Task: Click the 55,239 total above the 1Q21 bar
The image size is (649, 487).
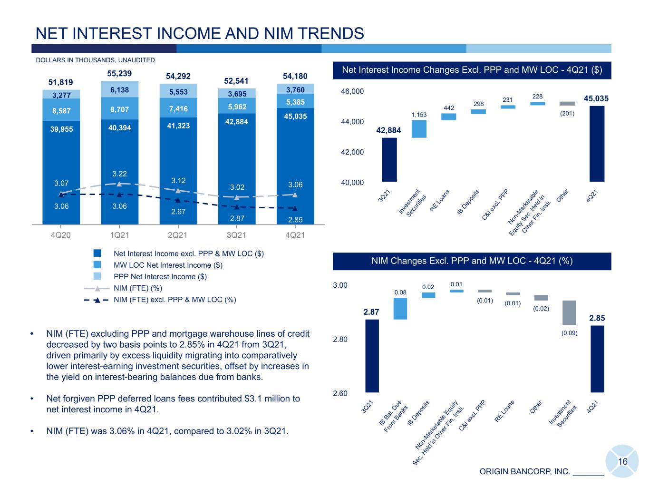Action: point(119,73)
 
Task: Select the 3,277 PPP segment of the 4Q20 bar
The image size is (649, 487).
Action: point(61,94)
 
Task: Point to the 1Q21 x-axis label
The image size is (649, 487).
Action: point(119,235)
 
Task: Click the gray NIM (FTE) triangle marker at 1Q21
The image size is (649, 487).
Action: point(119,184)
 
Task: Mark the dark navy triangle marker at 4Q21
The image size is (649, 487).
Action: point(295,208)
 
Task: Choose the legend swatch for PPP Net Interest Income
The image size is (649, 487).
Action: point(97,276)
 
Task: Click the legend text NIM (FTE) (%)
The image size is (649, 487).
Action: point(138,288)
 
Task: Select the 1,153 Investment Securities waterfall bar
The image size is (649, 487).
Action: point(419,129)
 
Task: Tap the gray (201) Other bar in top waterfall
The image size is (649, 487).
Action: point(567,104)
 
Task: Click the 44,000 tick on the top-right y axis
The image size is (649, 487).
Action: point(352,122)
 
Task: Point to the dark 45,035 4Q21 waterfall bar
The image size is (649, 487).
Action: point(597,144)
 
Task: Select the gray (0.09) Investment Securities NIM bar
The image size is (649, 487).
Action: point(569,312)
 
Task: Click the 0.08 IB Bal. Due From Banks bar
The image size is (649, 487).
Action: point(400,308)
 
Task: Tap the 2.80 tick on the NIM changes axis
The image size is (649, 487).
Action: point(340,339)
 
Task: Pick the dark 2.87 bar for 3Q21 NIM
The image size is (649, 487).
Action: point(372,356)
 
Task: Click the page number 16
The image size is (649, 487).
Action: point(622,461)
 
